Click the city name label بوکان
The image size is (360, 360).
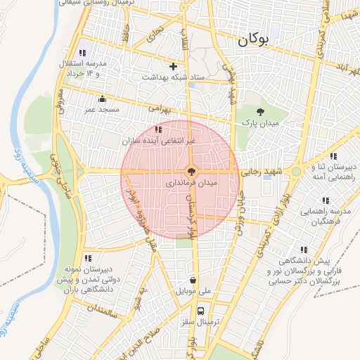[x=253, y=41]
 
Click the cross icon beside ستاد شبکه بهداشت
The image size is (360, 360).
[x=173, y=66]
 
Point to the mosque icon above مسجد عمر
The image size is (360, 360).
[x=103, y=98]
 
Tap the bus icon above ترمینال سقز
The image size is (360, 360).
[x=201, y=310]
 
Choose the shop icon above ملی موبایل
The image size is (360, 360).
[x=193, y=280]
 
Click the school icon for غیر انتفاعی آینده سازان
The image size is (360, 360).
[x=158, y=129]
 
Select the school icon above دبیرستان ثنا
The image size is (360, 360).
[x=333, y=156]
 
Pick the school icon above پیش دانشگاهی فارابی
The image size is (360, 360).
[x=304, y=249]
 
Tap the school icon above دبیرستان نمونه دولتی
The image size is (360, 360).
[x=87, y=259]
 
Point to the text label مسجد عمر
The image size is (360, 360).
[x=98, y=110]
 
